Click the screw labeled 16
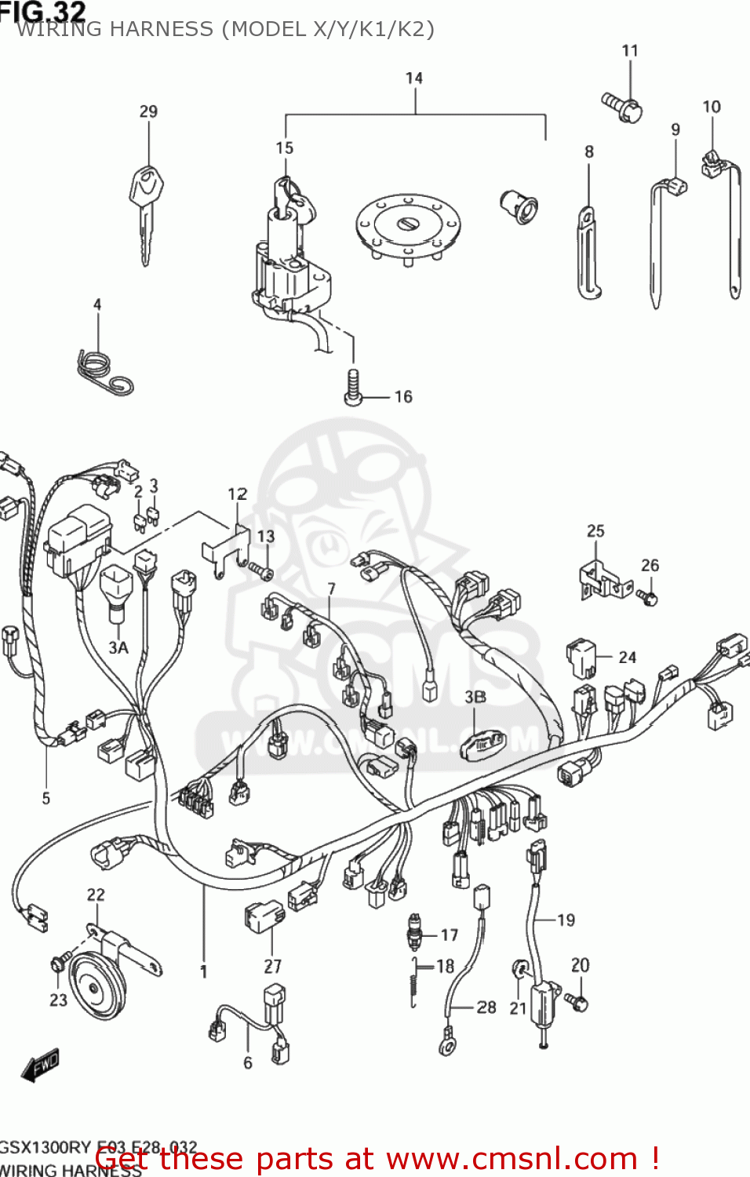(x=354, y=389)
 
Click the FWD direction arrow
(x=41, y=1066)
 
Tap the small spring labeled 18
(x=414, y=981)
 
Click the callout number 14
(x=414, y=78)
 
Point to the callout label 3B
(x=475, y=697)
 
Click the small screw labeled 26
(x=648, y=598)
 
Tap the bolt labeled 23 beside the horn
(x=58, y=964)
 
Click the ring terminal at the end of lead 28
(x=448, y=1044)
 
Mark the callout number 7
(x=331, y=588)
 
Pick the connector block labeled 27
(x=264, y=915)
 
